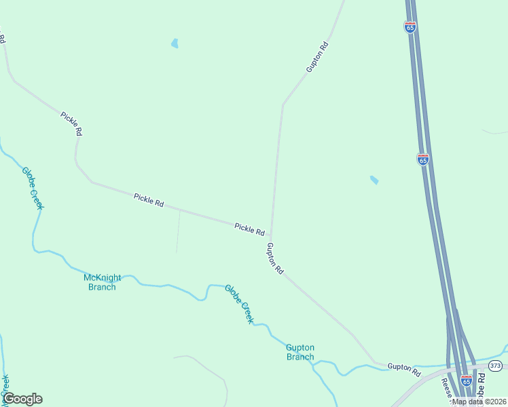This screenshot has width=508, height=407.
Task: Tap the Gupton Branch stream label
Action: (x=300, y=352)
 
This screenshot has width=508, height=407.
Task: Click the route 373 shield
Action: (x=495, y=366)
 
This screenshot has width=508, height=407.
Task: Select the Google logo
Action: (x=22, y=399)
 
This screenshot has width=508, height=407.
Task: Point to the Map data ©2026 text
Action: (x=478, y=402)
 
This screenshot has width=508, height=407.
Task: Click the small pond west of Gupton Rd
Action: (x=175, y=44)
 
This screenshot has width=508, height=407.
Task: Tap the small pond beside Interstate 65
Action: (x=374, y=180)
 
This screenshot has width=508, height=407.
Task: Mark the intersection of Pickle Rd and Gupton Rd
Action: (x=272, y=236)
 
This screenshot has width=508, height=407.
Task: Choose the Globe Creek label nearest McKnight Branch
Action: (x=33, y=188)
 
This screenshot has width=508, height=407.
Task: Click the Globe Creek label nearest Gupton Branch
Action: (x=239, y=303)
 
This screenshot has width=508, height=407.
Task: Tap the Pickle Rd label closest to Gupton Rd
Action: (x=249, y=229)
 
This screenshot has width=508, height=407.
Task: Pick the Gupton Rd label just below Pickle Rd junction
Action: (x=275, y=258)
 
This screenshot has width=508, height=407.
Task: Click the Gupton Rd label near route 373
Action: (x=404, y=367)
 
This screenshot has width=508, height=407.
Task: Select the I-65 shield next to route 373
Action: (x=466, y=381)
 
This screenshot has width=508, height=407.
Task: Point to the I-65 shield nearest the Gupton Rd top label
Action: (x=410, y=27)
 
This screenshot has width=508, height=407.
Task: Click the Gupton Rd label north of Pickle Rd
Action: (x=316, y=57)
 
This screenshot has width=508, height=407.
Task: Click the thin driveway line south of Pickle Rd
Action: (x=178, y=231)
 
